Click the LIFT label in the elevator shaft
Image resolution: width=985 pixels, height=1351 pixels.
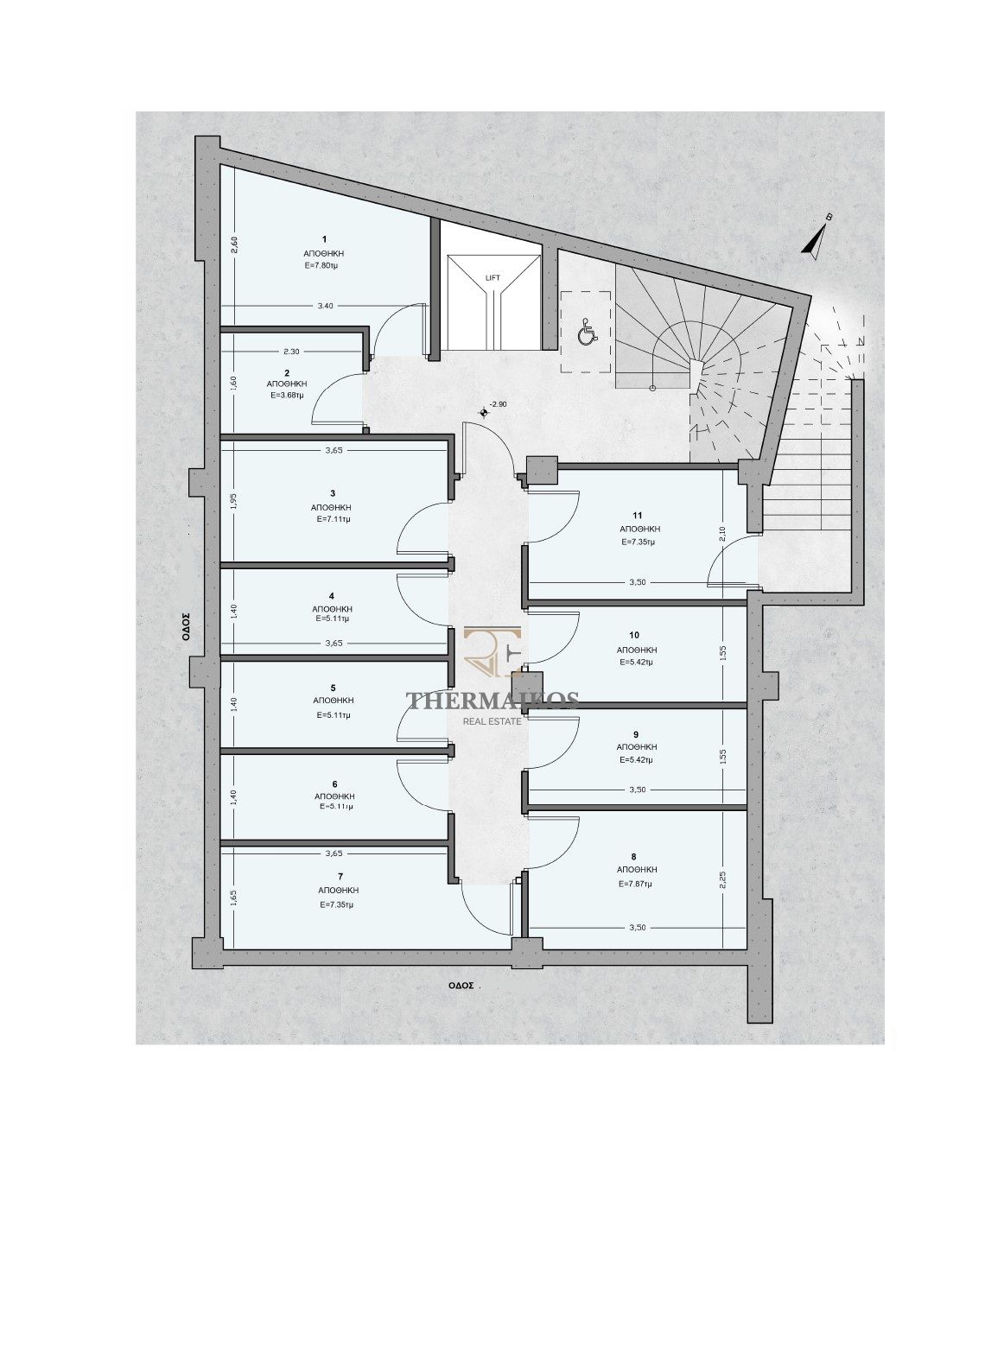click(x=492, y=278)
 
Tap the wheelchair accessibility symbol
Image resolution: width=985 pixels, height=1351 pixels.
click(x=587, y=333)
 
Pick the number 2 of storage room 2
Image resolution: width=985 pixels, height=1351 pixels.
click(x=287, y=372)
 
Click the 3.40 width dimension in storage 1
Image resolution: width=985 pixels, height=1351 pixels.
click(x=325, y=306)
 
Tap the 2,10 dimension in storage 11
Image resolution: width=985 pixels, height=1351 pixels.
click(x=722, y=533)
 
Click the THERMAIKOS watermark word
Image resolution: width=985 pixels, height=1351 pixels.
click(x=492, y=701)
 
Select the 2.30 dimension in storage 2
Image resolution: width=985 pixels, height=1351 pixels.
click(x=290, y=351)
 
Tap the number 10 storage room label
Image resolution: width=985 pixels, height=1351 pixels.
click(x=634, y=635)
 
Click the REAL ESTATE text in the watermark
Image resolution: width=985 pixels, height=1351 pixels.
click(x=492, y=720)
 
